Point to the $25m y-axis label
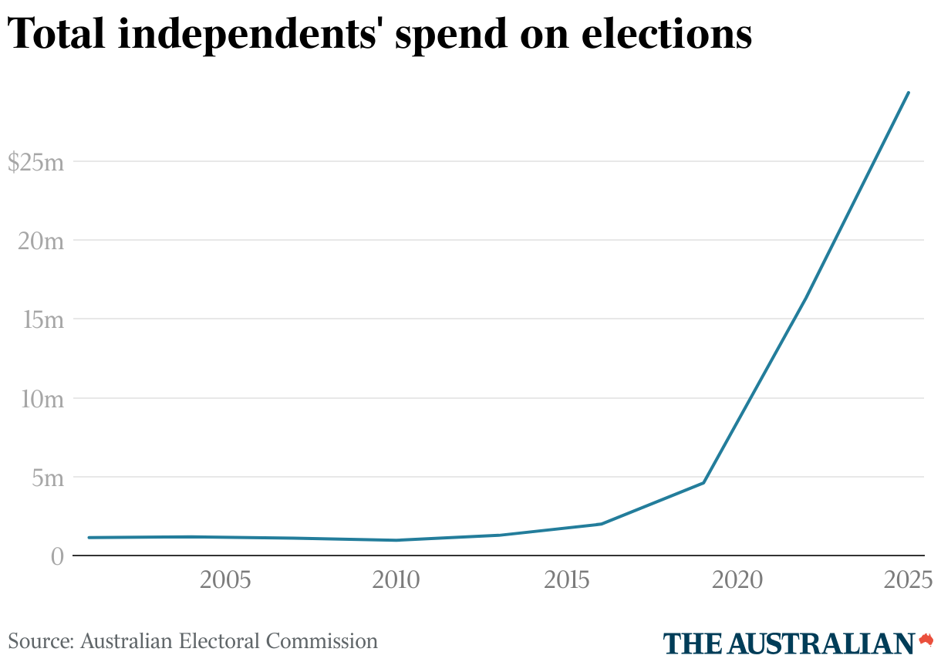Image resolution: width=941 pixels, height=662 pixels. (35, 162)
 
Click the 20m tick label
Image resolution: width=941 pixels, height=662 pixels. (40, 241)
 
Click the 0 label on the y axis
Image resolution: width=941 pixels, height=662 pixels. (56, 556)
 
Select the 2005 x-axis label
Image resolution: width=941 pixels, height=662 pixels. (225, 580)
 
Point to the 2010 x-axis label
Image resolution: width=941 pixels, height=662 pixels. (396, 580)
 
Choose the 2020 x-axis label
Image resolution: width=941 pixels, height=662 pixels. (737, 580)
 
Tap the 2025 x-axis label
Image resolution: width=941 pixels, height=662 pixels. (908, 580)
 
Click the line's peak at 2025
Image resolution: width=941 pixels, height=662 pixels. (909, 93)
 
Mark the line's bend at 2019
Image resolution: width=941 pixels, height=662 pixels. (703, 483)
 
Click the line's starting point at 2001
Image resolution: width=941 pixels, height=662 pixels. (89, 538)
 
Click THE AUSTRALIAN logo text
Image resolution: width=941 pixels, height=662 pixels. (789, 643)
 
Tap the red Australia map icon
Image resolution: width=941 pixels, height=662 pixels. (926, 640)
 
